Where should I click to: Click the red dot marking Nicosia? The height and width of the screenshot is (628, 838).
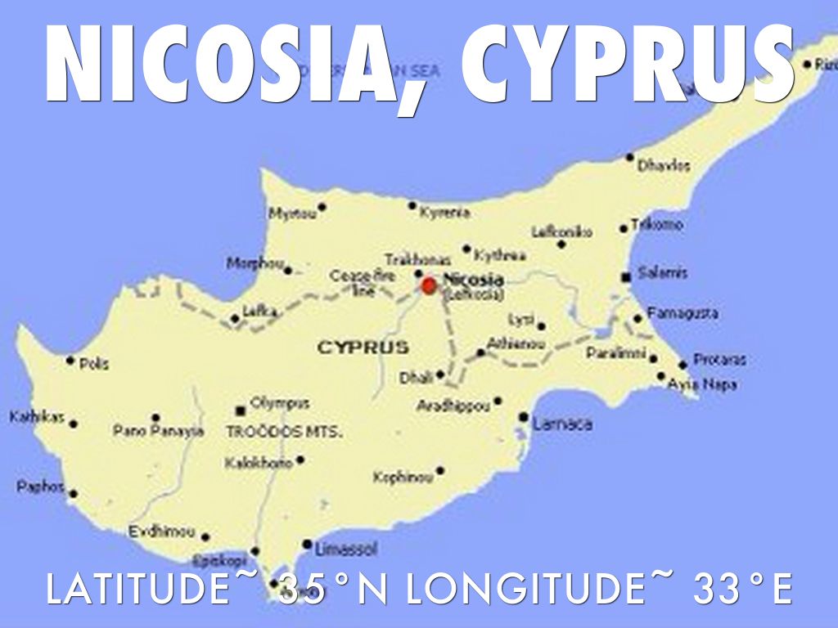coord(429,285)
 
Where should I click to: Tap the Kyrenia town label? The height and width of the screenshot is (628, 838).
coord(445,213)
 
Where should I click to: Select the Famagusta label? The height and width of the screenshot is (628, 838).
coord(683,313)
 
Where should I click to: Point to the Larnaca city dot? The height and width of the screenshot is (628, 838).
coord(523,417)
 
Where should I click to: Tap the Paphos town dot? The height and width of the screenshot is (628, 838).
coord(73,494)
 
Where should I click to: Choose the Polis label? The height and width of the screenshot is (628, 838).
coord(94,363)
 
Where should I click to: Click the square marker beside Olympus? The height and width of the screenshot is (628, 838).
coord(241,410)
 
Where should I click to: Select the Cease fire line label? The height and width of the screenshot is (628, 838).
coord(363,283)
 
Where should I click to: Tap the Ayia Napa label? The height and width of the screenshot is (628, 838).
coord(702,384)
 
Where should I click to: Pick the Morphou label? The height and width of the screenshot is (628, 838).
coord(255,264)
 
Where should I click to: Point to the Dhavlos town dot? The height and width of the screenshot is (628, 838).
coord(630,157)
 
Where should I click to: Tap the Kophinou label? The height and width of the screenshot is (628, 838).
coord(403,477)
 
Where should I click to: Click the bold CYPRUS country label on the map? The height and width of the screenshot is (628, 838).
coord(363,348)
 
